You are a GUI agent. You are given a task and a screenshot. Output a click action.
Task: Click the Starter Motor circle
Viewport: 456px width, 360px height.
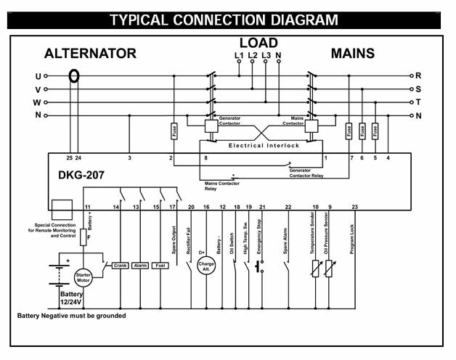85,277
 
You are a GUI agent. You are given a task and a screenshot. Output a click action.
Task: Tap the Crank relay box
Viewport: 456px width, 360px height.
121,266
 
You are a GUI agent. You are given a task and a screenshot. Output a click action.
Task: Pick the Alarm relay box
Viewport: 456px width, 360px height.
141,266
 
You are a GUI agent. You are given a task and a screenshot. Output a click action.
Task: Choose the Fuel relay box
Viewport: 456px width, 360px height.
161,266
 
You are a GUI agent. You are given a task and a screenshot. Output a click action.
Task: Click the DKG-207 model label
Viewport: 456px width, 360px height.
79,176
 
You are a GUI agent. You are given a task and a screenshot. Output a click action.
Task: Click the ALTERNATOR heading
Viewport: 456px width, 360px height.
90,53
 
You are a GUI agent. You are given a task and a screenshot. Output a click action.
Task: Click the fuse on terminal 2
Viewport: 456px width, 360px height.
174,132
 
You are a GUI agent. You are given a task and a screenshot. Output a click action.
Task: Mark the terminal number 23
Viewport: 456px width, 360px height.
354,208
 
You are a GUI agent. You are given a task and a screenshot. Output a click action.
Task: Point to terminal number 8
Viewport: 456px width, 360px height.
205,157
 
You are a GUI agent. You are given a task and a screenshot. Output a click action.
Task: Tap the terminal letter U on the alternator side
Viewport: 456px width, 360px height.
38,75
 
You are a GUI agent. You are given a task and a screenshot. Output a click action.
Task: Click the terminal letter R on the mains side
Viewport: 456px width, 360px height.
419,75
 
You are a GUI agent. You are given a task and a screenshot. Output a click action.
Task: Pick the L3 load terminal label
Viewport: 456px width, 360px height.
265,55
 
